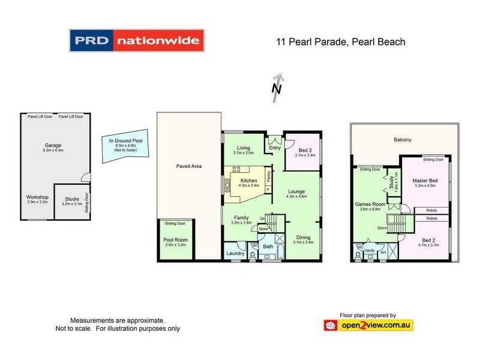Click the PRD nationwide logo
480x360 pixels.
[137, 41]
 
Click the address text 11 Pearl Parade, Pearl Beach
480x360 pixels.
[341, 42]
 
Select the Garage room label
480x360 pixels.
[53, 145]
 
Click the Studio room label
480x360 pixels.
[72, 197]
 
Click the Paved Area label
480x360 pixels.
[188, 166]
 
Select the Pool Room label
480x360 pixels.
[176, 240]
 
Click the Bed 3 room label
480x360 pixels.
[305, 150]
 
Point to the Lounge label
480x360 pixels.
[296, 191]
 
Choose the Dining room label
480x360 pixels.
[302, 237]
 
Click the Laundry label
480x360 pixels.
[235, 253]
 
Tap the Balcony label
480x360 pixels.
[403, 139]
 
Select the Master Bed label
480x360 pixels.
[424, 181]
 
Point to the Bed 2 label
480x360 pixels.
[427, 240]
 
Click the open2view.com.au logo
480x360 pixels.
[368, 325]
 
